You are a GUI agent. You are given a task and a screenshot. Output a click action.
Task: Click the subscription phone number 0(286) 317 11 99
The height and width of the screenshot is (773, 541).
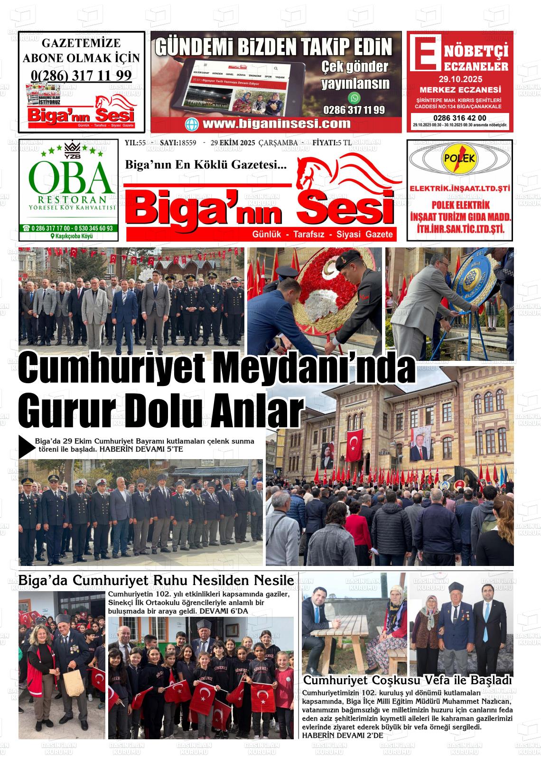(x=81, y=75)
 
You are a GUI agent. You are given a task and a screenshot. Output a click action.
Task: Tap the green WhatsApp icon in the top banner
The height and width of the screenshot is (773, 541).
(x=354, y=98)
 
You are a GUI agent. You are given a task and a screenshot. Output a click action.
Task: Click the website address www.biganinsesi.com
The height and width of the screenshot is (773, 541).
(x=276, y=124)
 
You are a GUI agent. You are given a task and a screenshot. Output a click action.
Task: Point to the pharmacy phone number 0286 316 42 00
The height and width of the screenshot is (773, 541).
(x=459, y=118)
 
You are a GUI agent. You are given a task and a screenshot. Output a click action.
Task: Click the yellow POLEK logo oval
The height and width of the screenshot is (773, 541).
(x=459, y=160)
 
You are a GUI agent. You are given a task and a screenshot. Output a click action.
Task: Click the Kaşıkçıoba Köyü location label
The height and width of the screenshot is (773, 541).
(x=71, y=236)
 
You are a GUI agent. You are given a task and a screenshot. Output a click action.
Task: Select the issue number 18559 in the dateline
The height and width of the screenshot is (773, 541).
(x=187, y=143)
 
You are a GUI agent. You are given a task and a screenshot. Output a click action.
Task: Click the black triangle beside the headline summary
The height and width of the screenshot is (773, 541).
(x=26, y=446)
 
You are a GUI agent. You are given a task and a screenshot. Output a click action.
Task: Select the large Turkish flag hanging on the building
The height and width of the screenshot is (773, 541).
(x=355, y=445)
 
